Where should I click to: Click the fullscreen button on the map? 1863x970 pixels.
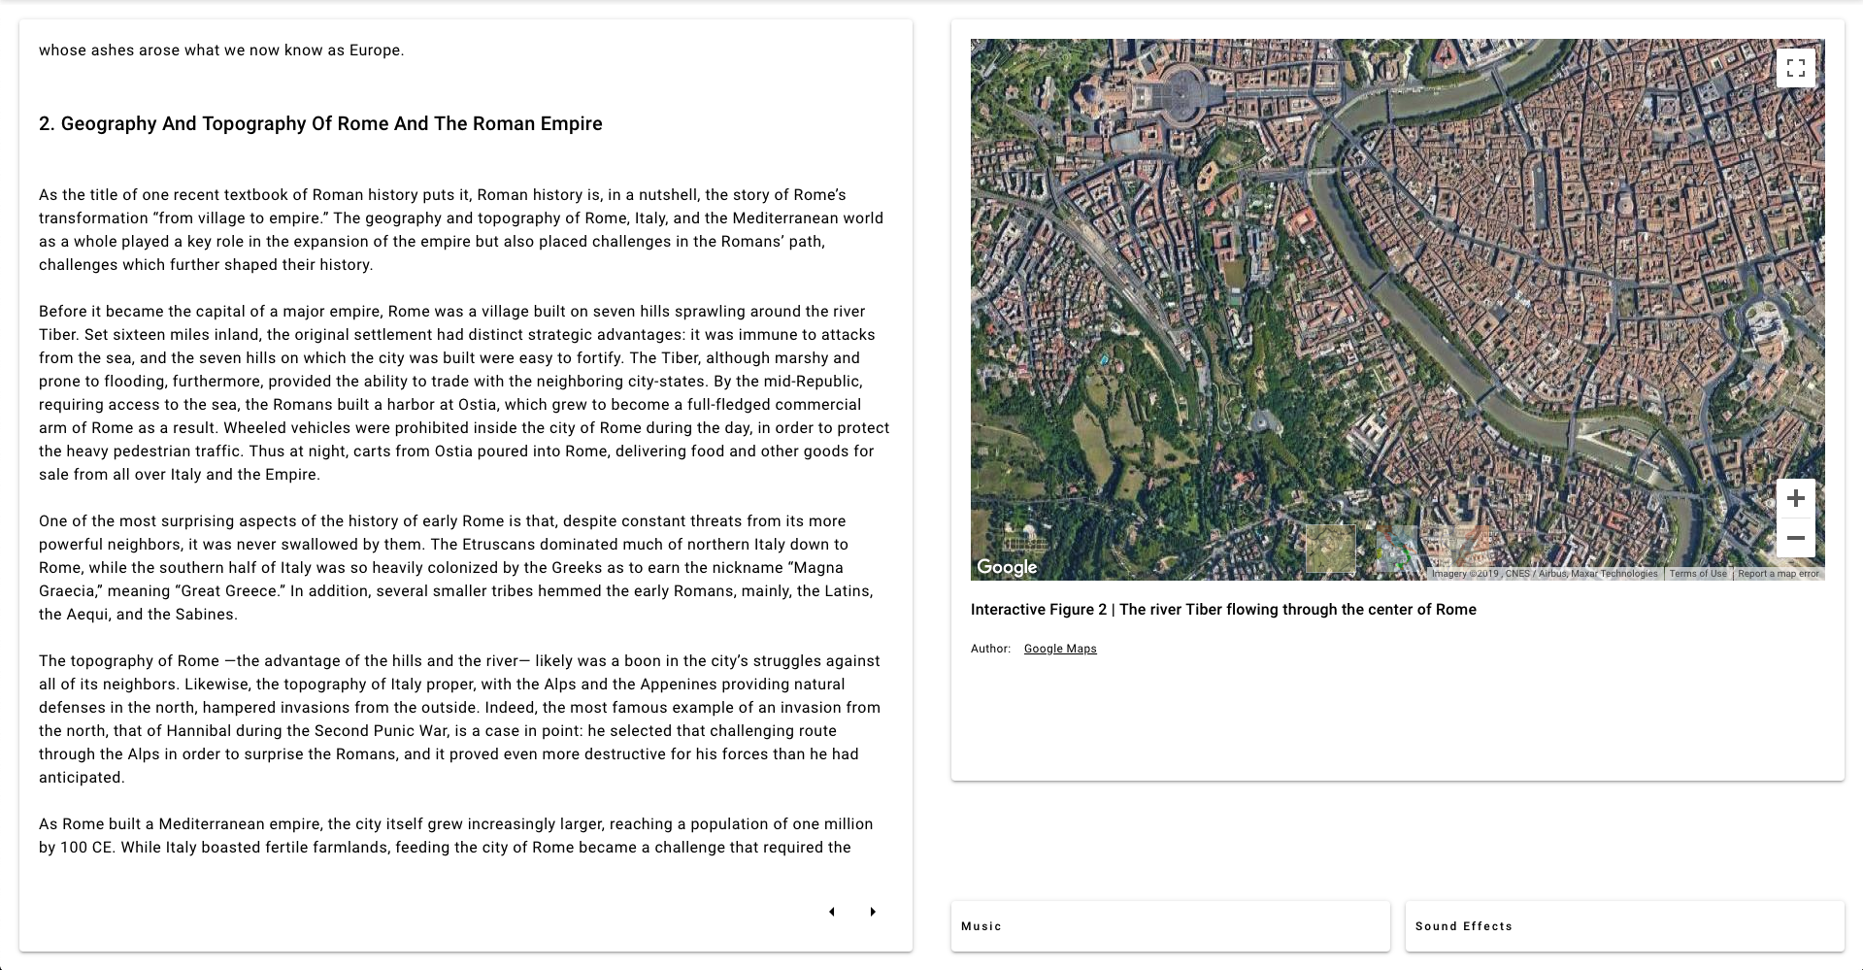pos(1795,68)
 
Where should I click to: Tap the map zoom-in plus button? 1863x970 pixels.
pos(1795,498)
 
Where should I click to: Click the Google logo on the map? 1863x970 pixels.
pos(1007,567)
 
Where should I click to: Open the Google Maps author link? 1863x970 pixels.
pos(1060,649)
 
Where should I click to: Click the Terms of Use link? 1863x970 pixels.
pos(1698,574)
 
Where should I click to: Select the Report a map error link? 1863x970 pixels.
pos(1778,574)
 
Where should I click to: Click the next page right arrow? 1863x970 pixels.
pos(873,912)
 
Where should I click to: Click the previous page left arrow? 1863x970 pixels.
pos(832,912)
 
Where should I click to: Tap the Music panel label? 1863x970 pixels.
pos(981,926)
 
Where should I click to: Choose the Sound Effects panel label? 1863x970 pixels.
pos(1463,926)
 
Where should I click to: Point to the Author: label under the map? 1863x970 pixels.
pos(990,649)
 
